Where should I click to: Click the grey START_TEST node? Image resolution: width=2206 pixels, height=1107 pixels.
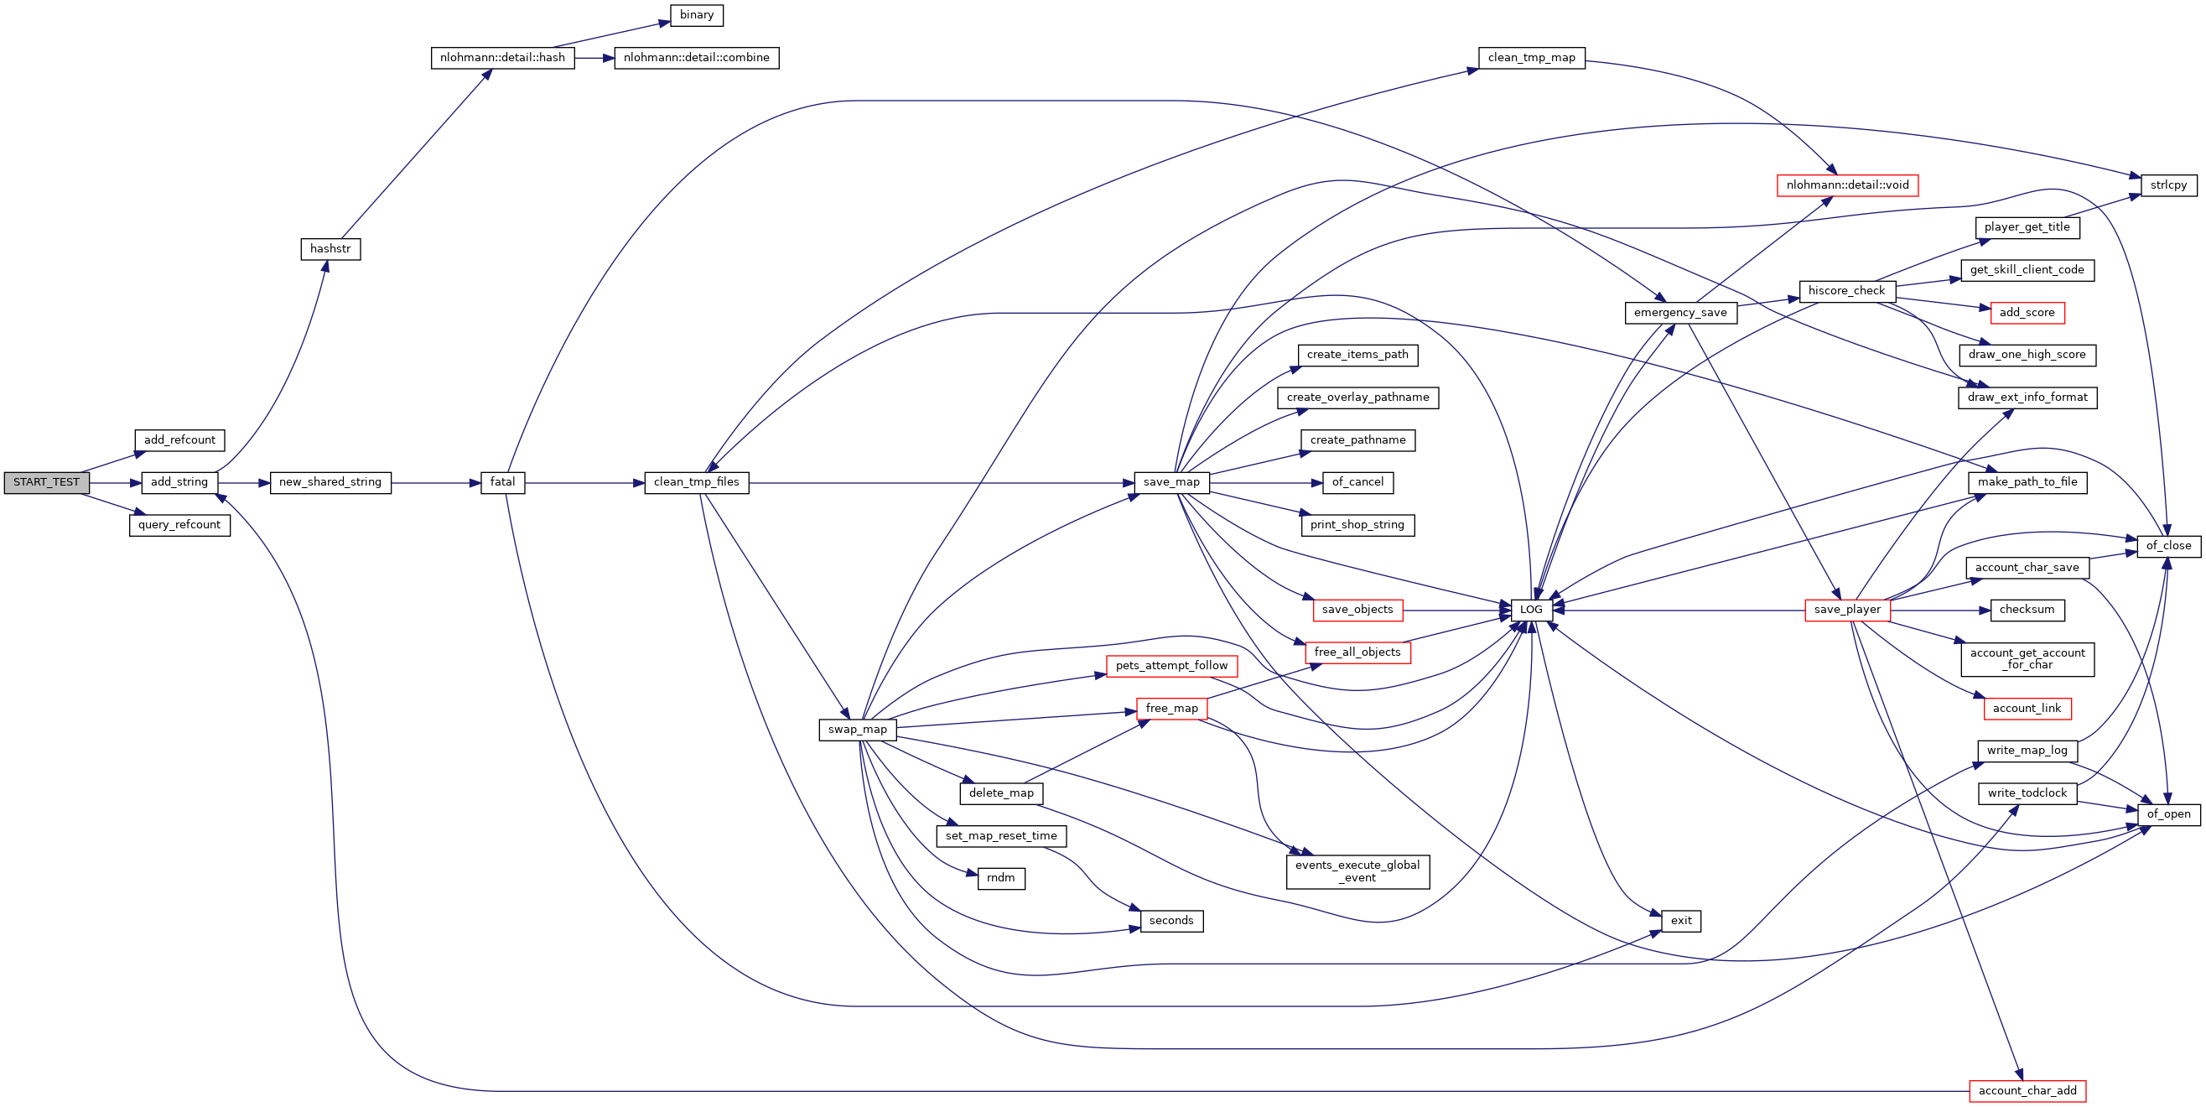[46, 482]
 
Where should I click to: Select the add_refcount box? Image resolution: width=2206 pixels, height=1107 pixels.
[179, 440]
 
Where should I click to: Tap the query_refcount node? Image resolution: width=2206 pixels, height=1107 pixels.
[179, 525]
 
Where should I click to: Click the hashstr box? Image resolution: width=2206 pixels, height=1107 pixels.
[330, 249]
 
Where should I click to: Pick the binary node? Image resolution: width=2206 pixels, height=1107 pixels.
[696, 15]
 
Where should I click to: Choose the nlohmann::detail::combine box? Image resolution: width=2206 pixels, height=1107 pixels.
[696, 58]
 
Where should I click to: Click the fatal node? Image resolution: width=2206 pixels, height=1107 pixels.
[503, 482]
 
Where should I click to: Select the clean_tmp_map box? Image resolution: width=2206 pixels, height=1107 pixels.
[1531, 58]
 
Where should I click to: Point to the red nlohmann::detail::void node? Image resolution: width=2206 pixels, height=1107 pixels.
[1847, 185]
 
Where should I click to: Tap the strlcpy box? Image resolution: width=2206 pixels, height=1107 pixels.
[2168, 185]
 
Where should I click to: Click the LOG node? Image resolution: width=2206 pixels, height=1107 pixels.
[1531, 610]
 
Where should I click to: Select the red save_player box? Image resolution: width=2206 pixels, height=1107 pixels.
[1847, 610]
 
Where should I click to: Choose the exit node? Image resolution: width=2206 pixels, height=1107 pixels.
[1681, 921]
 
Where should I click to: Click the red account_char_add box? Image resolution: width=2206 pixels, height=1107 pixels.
[2027, 1091]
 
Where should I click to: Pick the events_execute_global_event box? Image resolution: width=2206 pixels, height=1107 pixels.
[1357, 871]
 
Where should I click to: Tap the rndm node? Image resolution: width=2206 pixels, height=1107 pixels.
[1000, 878]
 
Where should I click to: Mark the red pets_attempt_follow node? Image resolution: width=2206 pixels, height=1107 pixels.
[1170, 666]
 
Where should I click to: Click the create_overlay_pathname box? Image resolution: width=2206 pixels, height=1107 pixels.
[1357, 398]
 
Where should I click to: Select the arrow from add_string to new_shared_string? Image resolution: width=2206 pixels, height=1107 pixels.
[244, 483]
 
